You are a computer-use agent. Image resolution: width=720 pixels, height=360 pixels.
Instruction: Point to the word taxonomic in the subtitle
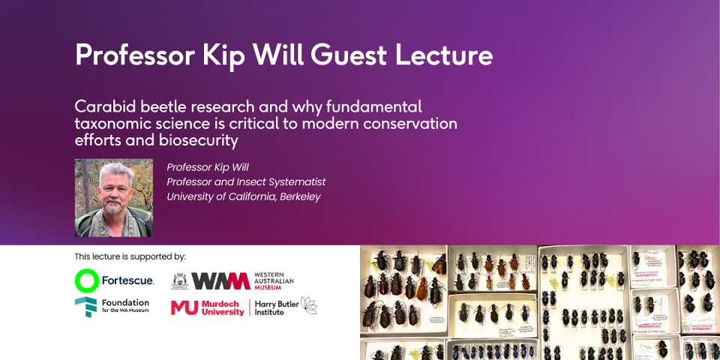[x=113, y=123]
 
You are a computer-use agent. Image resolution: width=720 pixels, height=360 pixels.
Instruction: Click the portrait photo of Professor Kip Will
[x=114, y=197]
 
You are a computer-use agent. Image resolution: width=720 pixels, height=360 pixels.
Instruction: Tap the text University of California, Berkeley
[x=243, y=196]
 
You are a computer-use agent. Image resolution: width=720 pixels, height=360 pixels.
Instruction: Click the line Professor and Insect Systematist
[x=246, y=181]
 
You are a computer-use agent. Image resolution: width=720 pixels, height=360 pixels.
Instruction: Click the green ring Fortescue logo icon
[x=87, y=280]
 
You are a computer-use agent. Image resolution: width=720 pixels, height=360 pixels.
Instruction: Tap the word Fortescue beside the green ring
[x=128, y=280]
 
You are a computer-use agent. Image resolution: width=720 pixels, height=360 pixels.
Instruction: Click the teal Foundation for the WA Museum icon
[x=85, y=307]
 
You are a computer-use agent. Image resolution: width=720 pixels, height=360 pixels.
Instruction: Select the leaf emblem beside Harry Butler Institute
[x=308, y=305]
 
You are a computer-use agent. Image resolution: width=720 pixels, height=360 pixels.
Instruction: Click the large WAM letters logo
[x=220, y=280]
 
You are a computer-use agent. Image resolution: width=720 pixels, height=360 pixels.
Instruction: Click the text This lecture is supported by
[x=130, y=256]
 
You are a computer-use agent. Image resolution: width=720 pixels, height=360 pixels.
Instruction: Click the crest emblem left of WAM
[x=179, y=280]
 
